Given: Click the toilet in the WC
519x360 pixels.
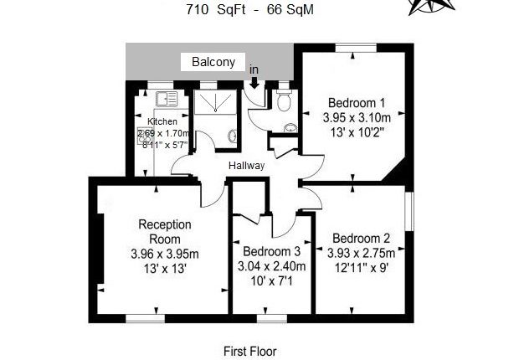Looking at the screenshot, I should [285, 102].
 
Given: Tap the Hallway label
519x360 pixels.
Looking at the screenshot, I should [246, 166].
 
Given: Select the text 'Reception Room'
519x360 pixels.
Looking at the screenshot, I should [165, 232].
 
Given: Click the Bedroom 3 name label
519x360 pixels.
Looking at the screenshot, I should [271, 252].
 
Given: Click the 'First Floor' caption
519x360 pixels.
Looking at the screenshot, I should [249, 351].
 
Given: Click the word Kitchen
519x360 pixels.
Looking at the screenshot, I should [162, 121].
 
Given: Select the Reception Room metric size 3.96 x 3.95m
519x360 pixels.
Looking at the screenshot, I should [165, 254].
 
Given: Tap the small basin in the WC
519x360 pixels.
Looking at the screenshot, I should [290, 129].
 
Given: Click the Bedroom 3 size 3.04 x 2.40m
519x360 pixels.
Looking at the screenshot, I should [271, 268].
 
